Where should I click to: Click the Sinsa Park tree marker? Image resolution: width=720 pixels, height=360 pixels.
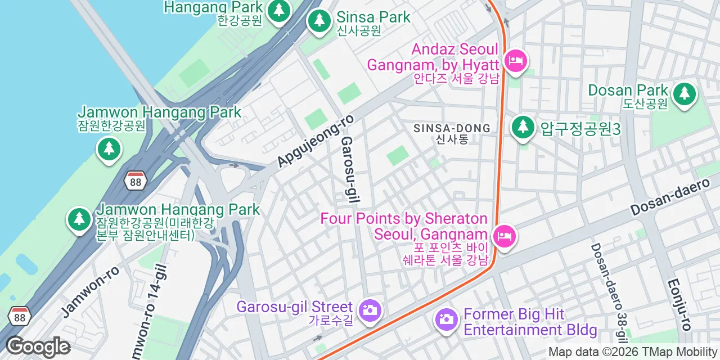pyautogui.click(x=319, y=21)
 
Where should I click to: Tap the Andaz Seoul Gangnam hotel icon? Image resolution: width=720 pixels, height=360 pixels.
pyautogui.click(x=515, y=60)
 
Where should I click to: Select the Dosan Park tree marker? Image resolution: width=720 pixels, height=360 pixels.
pyautogui.click(x=684, y=93)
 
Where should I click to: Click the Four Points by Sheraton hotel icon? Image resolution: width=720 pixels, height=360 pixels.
pyautogui.click(x=504, y=236)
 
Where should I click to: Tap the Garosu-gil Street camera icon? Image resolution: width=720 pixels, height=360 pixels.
pyautogui.click(x=370, y=310)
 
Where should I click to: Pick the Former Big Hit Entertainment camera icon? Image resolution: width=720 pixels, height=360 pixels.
pyautogui.click(x=447, y=319)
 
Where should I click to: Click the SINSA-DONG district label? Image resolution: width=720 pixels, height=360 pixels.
pyautogui.click(x=452, y=128)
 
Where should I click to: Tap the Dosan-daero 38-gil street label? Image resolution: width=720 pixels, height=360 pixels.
pyautogui.click(x=607, y=292)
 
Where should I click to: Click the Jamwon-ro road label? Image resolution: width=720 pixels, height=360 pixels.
pyautogui.click(x=90, y=291)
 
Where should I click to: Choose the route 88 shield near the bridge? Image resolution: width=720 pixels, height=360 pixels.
pyautogui.click(x=135, y=181)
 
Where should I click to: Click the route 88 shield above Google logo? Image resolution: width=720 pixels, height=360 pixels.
pyautogui.click(x=20, y=317)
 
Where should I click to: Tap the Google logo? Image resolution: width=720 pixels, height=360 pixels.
pyautogui.click(x=38, y=346)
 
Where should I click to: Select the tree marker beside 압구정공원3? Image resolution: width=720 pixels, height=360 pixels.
pyautogui.click(x=523, y=127)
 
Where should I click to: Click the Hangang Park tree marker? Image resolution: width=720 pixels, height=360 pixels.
pyautogui.click(x=278, y=11)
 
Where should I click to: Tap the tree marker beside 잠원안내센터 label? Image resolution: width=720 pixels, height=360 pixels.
pyautogui.click(x=79, y=219)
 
